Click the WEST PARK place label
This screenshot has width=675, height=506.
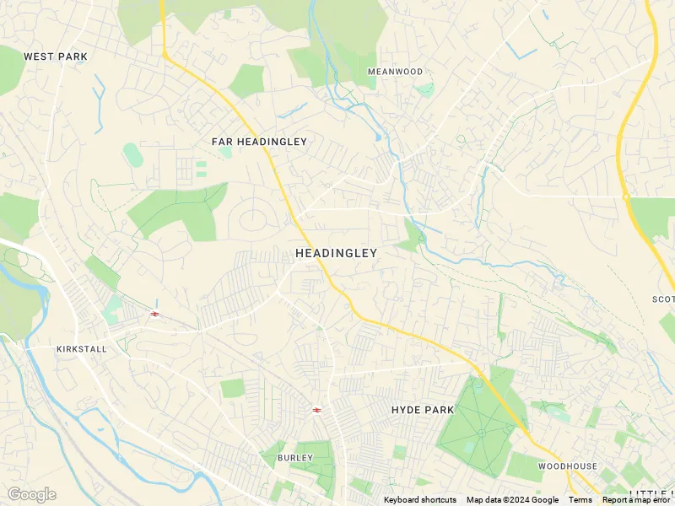point(56,57)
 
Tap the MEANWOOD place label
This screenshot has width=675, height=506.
point(395,72)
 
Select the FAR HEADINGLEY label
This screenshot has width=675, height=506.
point(259,142)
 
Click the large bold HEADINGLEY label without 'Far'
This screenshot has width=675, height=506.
point(336,253)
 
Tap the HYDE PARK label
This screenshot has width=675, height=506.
point(423,410)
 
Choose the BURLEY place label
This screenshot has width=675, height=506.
point(294,458)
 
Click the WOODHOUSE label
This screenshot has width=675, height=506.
point(567,466)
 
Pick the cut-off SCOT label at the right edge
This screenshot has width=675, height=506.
point(663,299)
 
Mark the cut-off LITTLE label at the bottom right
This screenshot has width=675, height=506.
point(651,493)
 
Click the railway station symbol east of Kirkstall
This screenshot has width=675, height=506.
point(154,314)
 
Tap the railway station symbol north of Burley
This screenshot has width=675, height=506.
point(316,410)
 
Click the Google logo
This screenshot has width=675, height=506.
point(31,494)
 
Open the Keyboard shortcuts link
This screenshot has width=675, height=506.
point(420,500)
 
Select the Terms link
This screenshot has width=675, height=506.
point(580,500)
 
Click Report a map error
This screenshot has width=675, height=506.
point(637,500)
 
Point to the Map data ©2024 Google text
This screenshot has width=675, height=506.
point(512,500)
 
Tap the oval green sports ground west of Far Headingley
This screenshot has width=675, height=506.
point(132,154)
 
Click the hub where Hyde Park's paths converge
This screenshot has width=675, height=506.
point(481,433)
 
